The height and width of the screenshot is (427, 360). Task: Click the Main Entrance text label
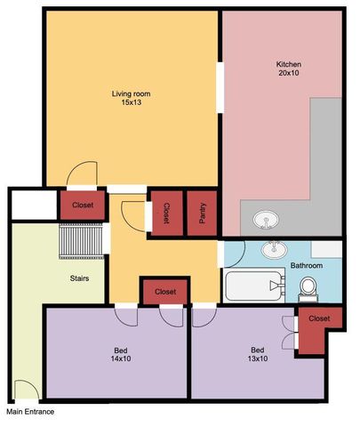(30, 412)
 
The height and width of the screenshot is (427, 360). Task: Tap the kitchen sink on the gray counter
(266, 220)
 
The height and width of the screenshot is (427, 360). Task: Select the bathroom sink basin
(274, 250)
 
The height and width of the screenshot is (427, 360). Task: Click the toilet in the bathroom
(308, 289)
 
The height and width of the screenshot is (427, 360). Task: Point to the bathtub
(254, 286)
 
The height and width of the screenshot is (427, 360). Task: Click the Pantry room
(202, 213)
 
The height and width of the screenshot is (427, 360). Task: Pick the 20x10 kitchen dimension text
(289, 73)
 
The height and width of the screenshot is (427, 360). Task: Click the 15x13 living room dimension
(131, 102)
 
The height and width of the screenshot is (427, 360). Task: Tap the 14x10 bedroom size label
(121, 359)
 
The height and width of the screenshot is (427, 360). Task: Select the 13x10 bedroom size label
(258, 359)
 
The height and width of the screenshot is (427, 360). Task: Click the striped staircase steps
(81, 241)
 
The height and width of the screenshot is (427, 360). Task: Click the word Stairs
(79, 278)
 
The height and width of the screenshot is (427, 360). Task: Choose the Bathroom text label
(307, 265)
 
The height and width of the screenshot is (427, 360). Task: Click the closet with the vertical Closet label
(167, 213)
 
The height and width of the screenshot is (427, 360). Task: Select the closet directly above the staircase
(83, 205)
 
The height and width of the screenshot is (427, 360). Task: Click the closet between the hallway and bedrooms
(165, 292)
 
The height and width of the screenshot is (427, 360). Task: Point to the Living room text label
(131, 94)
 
